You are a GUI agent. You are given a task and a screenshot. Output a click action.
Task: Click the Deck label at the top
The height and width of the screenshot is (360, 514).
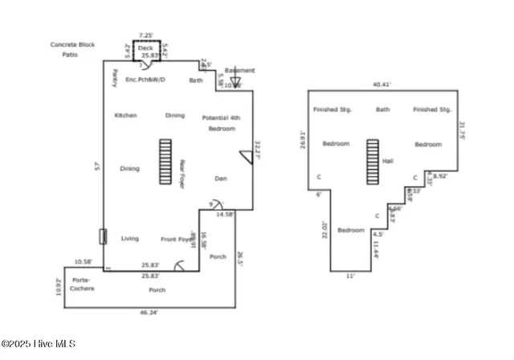(x=145, y=48)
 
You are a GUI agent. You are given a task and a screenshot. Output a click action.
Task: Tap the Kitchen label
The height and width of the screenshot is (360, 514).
(x=125, y=116)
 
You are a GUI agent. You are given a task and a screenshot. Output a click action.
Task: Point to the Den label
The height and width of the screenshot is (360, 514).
(x=222, y=178)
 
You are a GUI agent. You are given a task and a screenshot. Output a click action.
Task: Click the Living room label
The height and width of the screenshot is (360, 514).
(x=129, y=239)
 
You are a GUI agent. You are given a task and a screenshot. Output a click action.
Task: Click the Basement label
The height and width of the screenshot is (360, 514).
(x=239, y=71)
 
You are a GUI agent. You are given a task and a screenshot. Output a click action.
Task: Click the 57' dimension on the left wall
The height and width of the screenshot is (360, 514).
(x=97, y=168)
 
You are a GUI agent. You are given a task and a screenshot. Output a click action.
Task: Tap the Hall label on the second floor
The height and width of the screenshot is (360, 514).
(x=388, y=162)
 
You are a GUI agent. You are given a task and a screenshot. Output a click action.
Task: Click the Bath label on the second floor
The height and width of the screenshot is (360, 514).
(x=382, y=109)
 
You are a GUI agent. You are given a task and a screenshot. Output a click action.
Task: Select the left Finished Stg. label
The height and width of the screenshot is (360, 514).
(x=331, y=109)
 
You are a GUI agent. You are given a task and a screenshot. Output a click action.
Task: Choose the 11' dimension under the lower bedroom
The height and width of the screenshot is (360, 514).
(x=350, y=276)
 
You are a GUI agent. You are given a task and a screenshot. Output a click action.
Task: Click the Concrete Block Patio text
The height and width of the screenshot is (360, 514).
(x=69, y=49)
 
